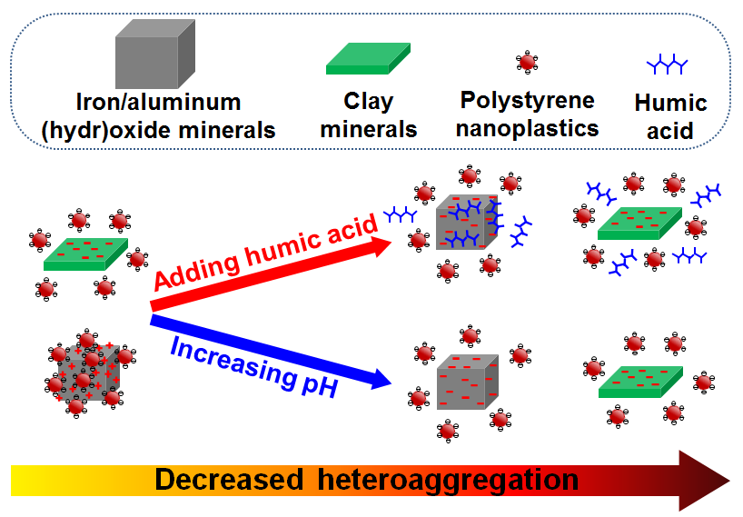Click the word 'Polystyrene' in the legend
pyautogui.click(x=527, y=100)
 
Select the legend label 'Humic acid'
pyautogui.click(x=670, y=116)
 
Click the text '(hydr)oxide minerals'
pyautogui.click(x=158, y=130)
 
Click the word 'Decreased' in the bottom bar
pyautogui.click(x=231, y=480)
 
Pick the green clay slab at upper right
pyautogui.click(x=639, y=223)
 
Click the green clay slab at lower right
pyautogui.click(x=641, y=382)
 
